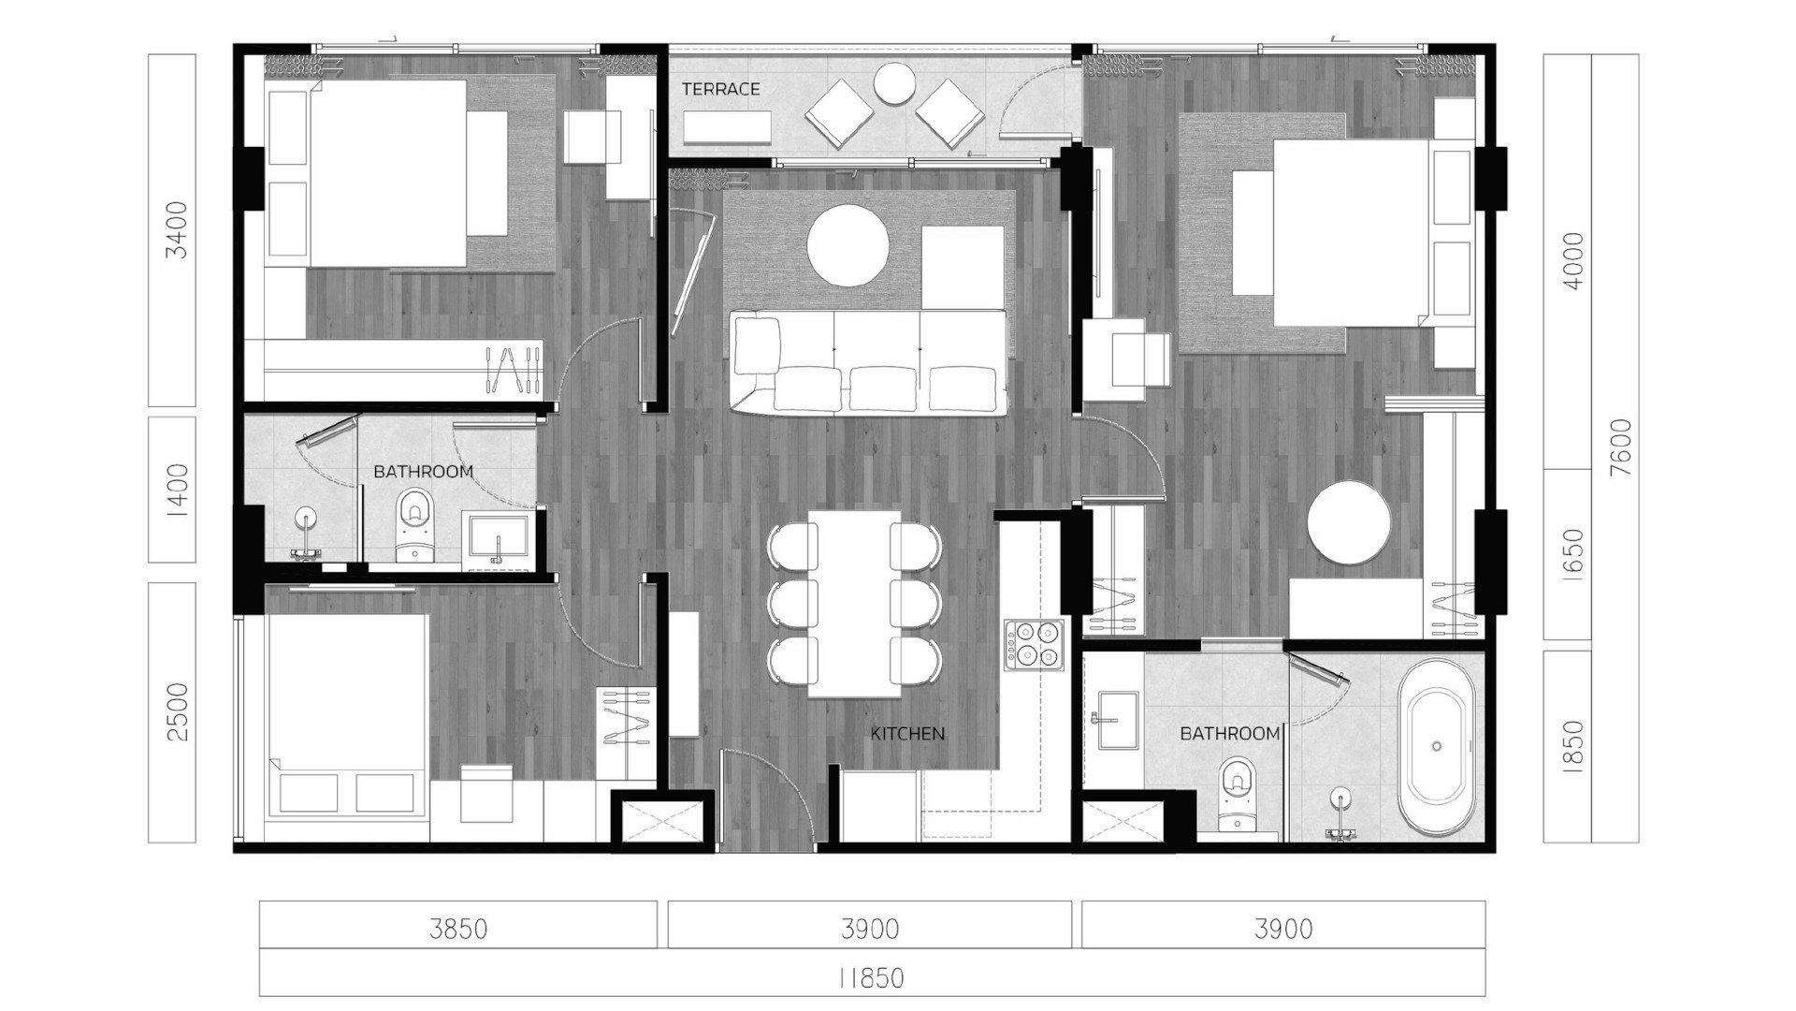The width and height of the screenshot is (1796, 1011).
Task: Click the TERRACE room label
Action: [x=720, y=90]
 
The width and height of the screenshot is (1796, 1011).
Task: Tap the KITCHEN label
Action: [x=907, y=734]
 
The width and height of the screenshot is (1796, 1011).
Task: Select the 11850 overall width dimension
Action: [x=871, y=978]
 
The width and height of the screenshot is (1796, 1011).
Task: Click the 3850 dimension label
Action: [x=458, y=929]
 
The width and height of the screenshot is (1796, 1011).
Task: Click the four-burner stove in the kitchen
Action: [x=1034, y=644]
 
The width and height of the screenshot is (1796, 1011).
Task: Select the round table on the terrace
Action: [x=894, y=82]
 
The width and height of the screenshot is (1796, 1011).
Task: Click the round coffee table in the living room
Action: [x=847, y=244]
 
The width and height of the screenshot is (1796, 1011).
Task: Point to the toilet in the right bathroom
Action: [x=1238, y=794]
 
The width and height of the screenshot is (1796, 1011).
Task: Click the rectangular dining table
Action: [x=855, y=603]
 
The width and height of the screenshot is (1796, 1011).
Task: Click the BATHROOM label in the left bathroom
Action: [x=423, y=472]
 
